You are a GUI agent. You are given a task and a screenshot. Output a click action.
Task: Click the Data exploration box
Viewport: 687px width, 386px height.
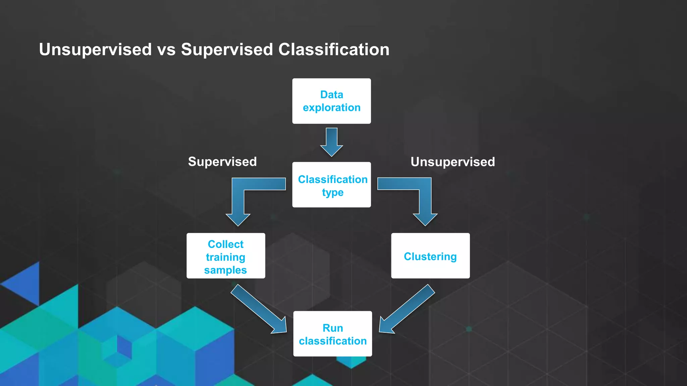click(331, 101)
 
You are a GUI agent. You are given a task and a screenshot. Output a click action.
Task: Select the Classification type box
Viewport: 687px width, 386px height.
click(331, 185)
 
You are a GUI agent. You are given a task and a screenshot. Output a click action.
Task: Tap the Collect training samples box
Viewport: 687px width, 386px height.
click(226, 256)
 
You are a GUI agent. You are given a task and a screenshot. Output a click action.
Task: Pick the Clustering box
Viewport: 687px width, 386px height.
click(430, 256)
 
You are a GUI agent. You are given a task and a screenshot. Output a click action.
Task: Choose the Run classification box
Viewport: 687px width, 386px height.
click(332, 334)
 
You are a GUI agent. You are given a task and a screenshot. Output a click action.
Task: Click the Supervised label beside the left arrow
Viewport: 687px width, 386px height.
click(222, 162)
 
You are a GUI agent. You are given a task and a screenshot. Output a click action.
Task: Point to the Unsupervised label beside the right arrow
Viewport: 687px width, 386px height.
click(453, 162)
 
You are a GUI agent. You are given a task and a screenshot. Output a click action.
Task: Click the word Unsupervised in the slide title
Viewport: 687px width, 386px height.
click(95, 50)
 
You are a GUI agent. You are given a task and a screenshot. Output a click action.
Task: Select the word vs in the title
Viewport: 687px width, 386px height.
click(166, 50)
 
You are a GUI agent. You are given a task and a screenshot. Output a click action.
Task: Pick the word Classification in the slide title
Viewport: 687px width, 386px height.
click(334, 50)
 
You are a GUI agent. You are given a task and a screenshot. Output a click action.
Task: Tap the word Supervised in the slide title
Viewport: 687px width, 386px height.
click(227, 50)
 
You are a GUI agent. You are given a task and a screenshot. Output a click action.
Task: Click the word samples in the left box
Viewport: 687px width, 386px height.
click(225, 270)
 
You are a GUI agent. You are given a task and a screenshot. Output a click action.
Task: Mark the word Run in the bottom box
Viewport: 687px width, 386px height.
click(333, 328)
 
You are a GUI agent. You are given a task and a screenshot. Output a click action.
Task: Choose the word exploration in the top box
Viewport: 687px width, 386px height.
click(331, 108)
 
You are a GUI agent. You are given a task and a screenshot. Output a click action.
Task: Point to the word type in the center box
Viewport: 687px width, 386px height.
click(333, 193)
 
